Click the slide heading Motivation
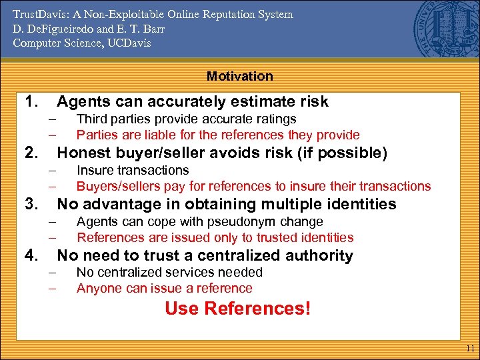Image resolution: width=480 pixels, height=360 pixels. tap(239, 76)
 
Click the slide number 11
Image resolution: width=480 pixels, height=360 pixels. tap(470, 348)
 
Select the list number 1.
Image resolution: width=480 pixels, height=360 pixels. tap(30, 101)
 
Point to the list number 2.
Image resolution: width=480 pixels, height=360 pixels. tap(30, 153)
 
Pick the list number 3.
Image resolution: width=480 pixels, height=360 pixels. tap(30, 204)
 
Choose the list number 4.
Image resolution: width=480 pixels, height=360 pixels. tap(30, 255)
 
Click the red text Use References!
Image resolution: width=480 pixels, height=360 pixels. tap(237, 309)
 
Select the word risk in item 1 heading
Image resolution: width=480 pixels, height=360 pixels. tap(313, 101)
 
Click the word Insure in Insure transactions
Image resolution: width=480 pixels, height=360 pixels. tap(94, 170)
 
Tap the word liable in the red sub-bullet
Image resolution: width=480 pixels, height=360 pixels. tap(157, 135)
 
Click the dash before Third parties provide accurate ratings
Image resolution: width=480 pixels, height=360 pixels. tap(51, 119)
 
